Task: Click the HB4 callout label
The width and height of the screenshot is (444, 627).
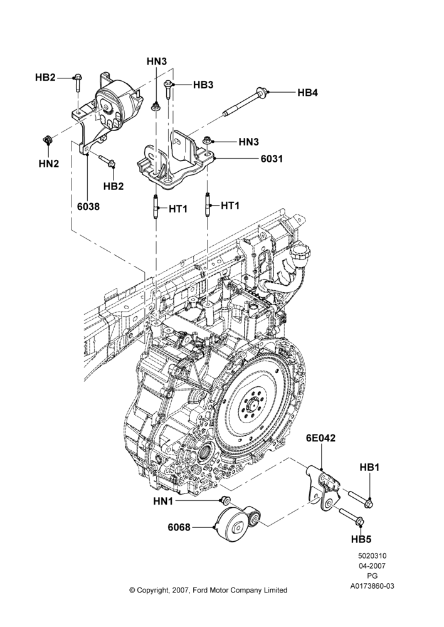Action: pos(307,92)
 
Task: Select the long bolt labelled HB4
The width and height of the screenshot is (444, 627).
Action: pos(246,102)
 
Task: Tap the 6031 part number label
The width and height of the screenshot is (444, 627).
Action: pos(272,159)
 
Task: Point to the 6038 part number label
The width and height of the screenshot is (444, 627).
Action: pos(88,206)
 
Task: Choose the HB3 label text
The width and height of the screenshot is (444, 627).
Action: pos(203,85)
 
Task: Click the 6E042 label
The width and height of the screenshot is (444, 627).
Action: pos(320,438)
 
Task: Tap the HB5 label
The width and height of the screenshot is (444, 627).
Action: pos(361,539)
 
